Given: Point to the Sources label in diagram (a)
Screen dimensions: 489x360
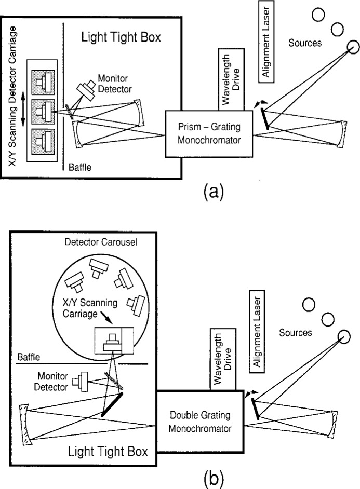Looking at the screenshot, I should [304, 43].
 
